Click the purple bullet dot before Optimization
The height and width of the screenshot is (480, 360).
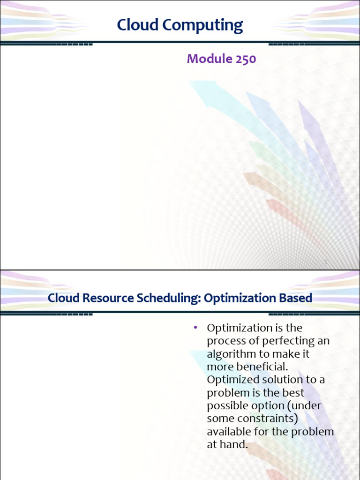[x=195, y=328]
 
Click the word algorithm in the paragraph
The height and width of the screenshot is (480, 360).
[x=231, y=354]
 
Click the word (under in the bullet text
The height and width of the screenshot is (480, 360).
[x=304, y=405]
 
